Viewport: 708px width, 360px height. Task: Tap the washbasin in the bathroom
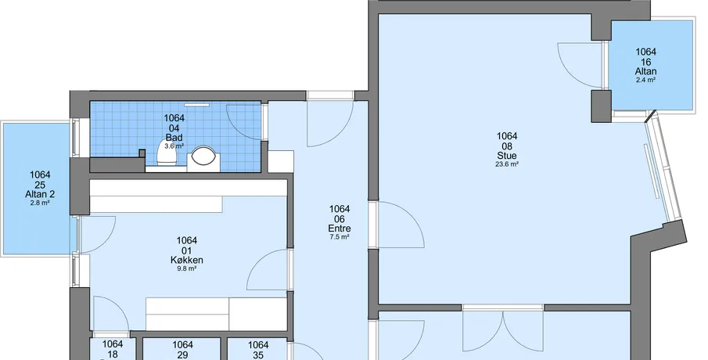(203, 157)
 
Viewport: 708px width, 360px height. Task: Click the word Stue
(507, 156)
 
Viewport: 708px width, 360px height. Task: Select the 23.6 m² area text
(507, 164)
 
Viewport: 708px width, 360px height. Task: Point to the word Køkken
(187, 260)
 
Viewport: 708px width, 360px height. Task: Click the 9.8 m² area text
(187, 268)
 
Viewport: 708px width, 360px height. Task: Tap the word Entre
(340, 229)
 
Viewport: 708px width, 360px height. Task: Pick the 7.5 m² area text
(340, 237)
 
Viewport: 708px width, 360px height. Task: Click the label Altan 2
(40, 194)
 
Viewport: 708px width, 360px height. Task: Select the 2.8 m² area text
(40, 203)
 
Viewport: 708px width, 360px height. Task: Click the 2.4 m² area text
(645, 80)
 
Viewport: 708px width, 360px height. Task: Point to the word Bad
(174, 137)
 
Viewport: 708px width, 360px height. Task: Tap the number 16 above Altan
(645, 62)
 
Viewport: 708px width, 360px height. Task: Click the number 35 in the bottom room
(258, 355)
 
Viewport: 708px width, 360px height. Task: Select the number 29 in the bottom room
(182, 355)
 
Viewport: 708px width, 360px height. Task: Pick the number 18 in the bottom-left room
(113, 354)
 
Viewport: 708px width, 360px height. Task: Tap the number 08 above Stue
(507, 146)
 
